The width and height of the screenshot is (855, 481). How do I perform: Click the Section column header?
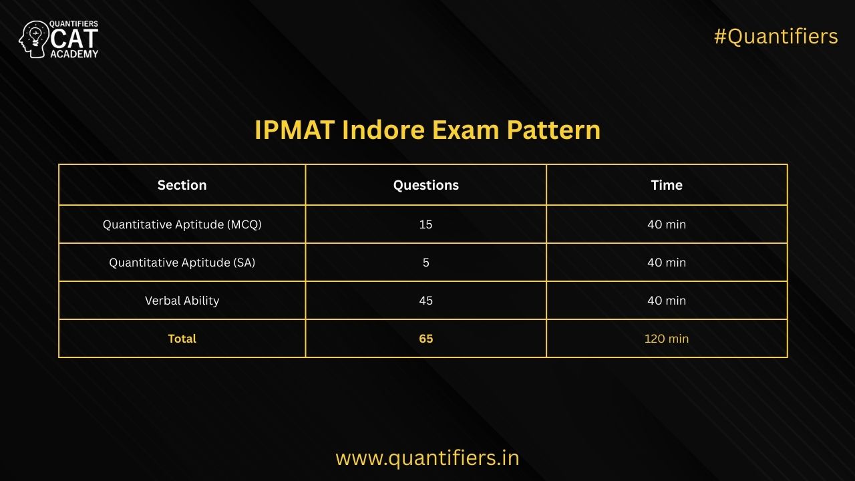click(182, 185)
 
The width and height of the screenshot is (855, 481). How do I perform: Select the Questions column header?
click(426, 185)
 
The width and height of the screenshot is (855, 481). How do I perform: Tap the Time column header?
click(667, 185)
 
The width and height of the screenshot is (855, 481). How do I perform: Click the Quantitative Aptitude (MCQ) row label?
click(182, 224)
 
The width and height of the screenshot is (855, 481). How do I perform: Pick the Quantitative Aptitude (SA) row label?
click(182, 263)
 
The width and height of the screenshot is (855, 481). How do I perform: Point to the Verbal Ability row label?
click(182, 301)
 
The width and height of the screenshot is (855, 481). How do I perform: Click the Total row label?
click(182, 339)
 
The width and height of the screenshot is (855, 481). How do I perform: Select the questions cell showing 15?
click(426, 224)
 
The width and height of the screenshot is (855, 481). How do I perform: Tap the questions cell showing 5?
click(426, 263)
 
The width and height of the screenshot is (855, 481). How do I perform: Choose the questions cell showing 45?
click(426, 301)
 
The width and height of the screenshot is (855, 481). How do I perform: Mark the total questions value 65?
click(426, 339)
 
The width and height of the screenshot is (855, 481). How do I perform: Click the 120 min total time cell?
click(667, 339)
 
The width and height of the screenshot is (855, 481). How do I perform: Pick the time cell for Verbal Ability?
click(667, 301)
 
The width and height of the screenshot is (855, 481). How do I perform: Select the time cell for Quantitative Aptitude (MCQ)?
click(667, 224)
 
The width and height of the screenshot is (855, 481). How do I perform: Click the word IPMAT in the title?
click(295, 130)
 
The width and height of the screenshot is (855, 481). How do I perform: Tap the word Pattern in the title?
click(554, 130)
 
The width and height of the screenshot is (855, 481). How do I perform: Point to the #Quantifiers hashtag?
click(776, 37)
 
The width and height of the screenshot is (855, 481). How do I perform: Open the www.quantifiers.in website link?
click(427, 458)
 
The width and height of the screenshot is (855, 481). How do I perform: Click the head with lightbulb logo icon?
click(33, 39)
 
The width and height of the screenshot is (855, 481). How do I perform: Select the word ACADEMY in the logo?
click(74, 54)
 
